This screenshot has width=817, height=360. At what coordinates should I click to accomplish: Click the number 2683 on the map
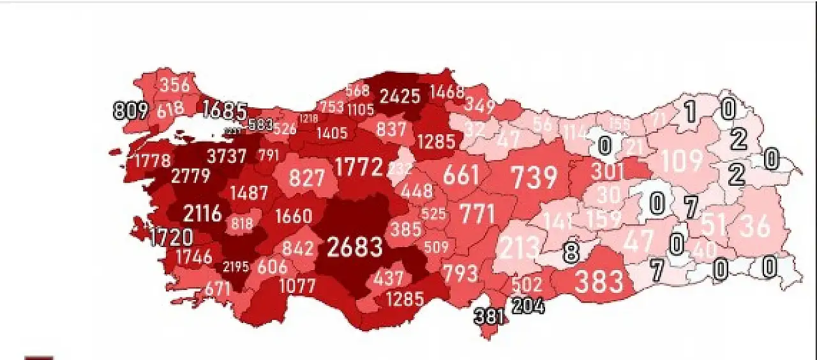point(356,247)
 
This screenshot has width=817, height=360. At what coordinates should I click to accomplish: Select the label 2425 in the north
point(400,97)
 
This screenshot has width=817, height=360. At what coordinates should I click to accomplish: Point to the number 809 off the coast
point(130,110)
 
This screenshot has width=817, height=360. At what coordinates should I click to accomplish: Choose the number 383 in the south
point(599,281)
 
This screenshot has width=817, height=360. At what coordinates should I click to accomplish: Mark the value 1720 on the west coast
point(171,237)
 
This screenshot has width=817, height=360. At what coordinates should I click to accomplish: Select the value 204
point(528,306)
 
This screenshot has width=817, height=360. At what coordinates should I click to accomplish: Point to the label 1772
point(359,168)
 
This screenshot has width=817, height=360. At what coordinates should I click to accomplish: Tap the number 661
point(461,174)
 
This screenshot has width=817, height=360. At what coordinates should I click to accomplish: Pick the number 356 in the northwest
point(175,86)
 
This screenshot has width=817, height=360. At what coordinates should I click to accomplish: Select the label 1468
point(447,91)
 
